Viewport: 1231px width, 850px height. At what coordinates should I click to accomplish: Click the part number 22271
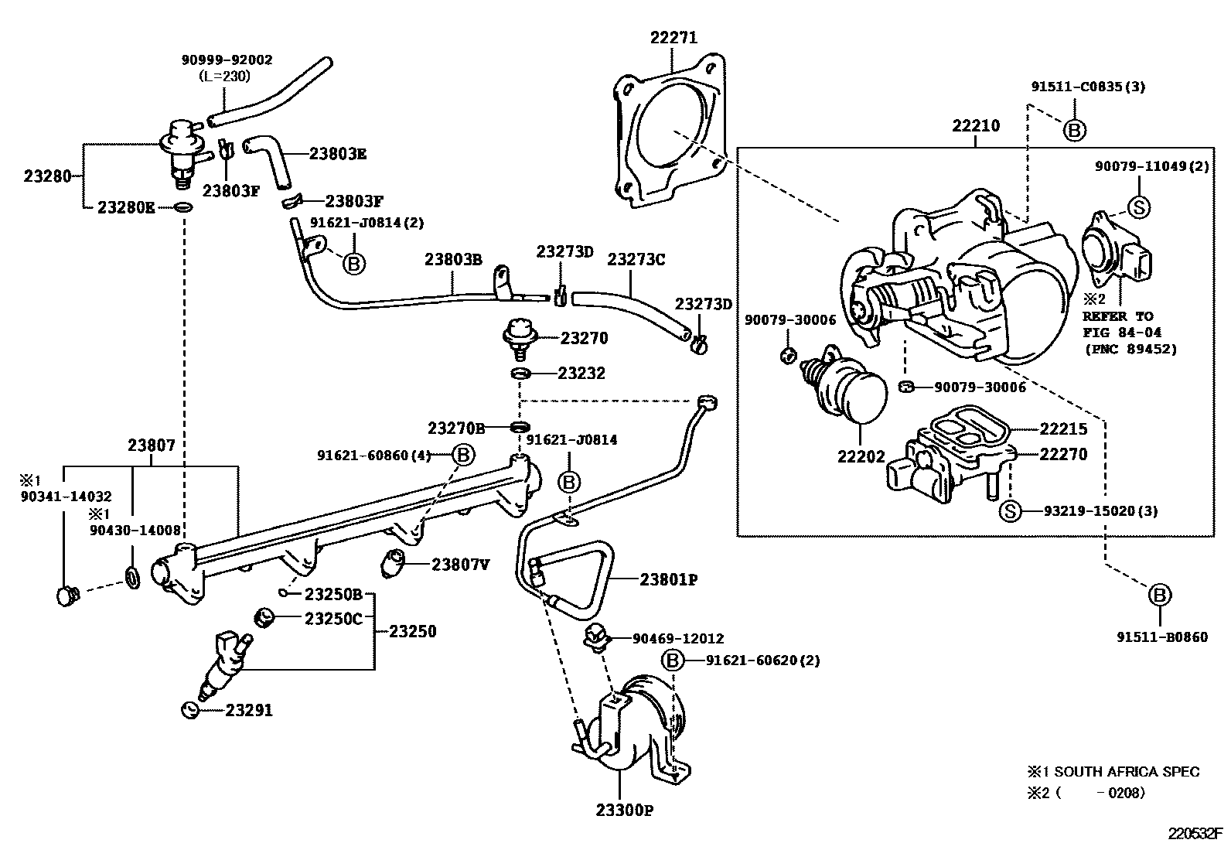[x=673, y=37]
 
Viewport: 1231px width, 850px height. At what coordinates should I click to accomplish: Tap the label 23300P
[x=625, y=810]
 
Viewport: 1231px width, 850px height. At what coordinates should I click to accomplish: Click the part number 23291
[x=249, y=710]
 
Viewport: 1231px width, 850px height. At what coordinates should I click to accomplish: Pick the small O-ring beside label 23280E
[x=183, y=207]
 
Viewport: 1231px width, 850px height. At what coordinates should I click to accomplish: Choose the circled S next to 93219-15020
[x=1010, y=511]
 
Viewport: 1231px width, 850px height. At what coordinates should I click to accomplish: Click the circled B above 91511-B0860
[x=1160, y=595]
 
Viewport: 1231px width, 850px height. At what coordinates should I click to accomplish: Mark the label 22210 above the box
[x=976, y=125]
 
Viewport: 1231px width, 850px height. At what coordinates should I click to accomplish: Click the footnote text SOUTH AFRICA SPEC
[x=1127, y=771]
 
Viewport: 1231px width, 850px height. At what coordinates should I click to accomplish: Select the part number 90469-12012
[x=678, y=638]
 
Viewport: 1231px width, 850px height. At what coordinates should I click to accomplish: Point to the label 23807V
[x=461, y=565]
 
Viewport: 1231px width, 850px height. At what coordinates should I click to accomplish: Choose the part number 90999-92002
[x=227, y=60]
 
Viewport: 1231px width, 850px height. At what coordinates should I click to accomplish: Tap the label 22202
[x=861, y=456]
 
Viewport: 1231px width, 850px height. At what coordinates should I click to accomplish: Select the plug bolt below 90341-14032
[x=67, y=596]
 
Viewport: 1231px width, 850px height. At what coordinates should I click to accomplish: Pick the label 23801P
[x=669, y=579]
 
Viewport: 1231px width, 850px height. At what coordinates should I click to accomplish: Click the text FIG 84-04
[x=1122, y=332]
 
